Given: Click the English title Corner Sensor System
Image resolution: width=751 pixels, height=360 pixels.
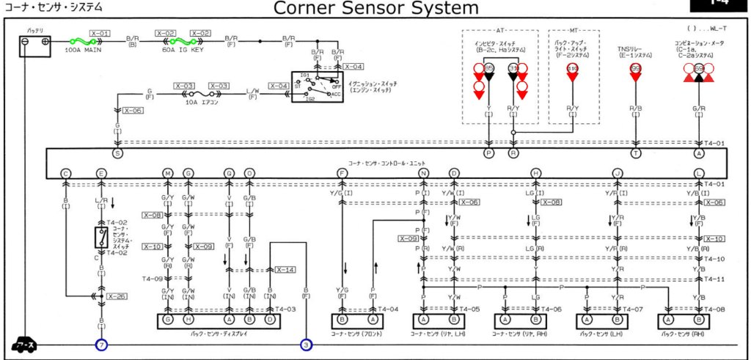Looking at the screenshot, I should click(375, 8).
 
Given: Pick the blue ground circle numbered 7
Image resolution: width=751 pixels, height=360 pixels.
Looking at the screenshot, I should click(100, 344).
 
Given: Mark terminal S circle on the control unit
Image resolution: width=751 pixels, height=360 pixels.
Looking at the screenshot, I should click(117, 154).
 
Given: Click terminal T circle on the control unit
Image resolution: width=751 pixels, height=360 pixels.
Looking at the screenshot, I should click(636, 154).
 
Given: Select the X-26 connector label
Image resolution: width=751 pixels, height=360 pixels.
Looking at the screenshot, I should click(117, 296).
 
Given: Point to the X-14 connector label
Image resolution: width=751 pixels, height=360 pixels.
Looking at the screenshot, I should click(285, 270).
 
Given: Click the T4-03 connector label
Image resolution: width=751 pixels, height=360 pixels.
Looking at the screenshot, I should click(285, 309).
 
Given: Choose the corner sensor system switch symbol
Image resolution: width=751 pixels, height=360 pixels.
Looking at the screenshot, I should click(100, 237).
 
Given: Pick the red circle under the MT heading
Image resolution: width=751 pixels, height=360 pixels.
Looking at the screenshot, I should click(573, 69).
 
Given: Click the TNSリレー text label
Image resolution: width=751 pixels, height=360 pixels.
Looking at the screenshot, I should click(631, 50).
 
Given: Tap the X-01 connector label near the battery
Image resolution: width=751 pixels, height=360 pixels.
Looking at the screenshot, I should click(100, 34).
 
